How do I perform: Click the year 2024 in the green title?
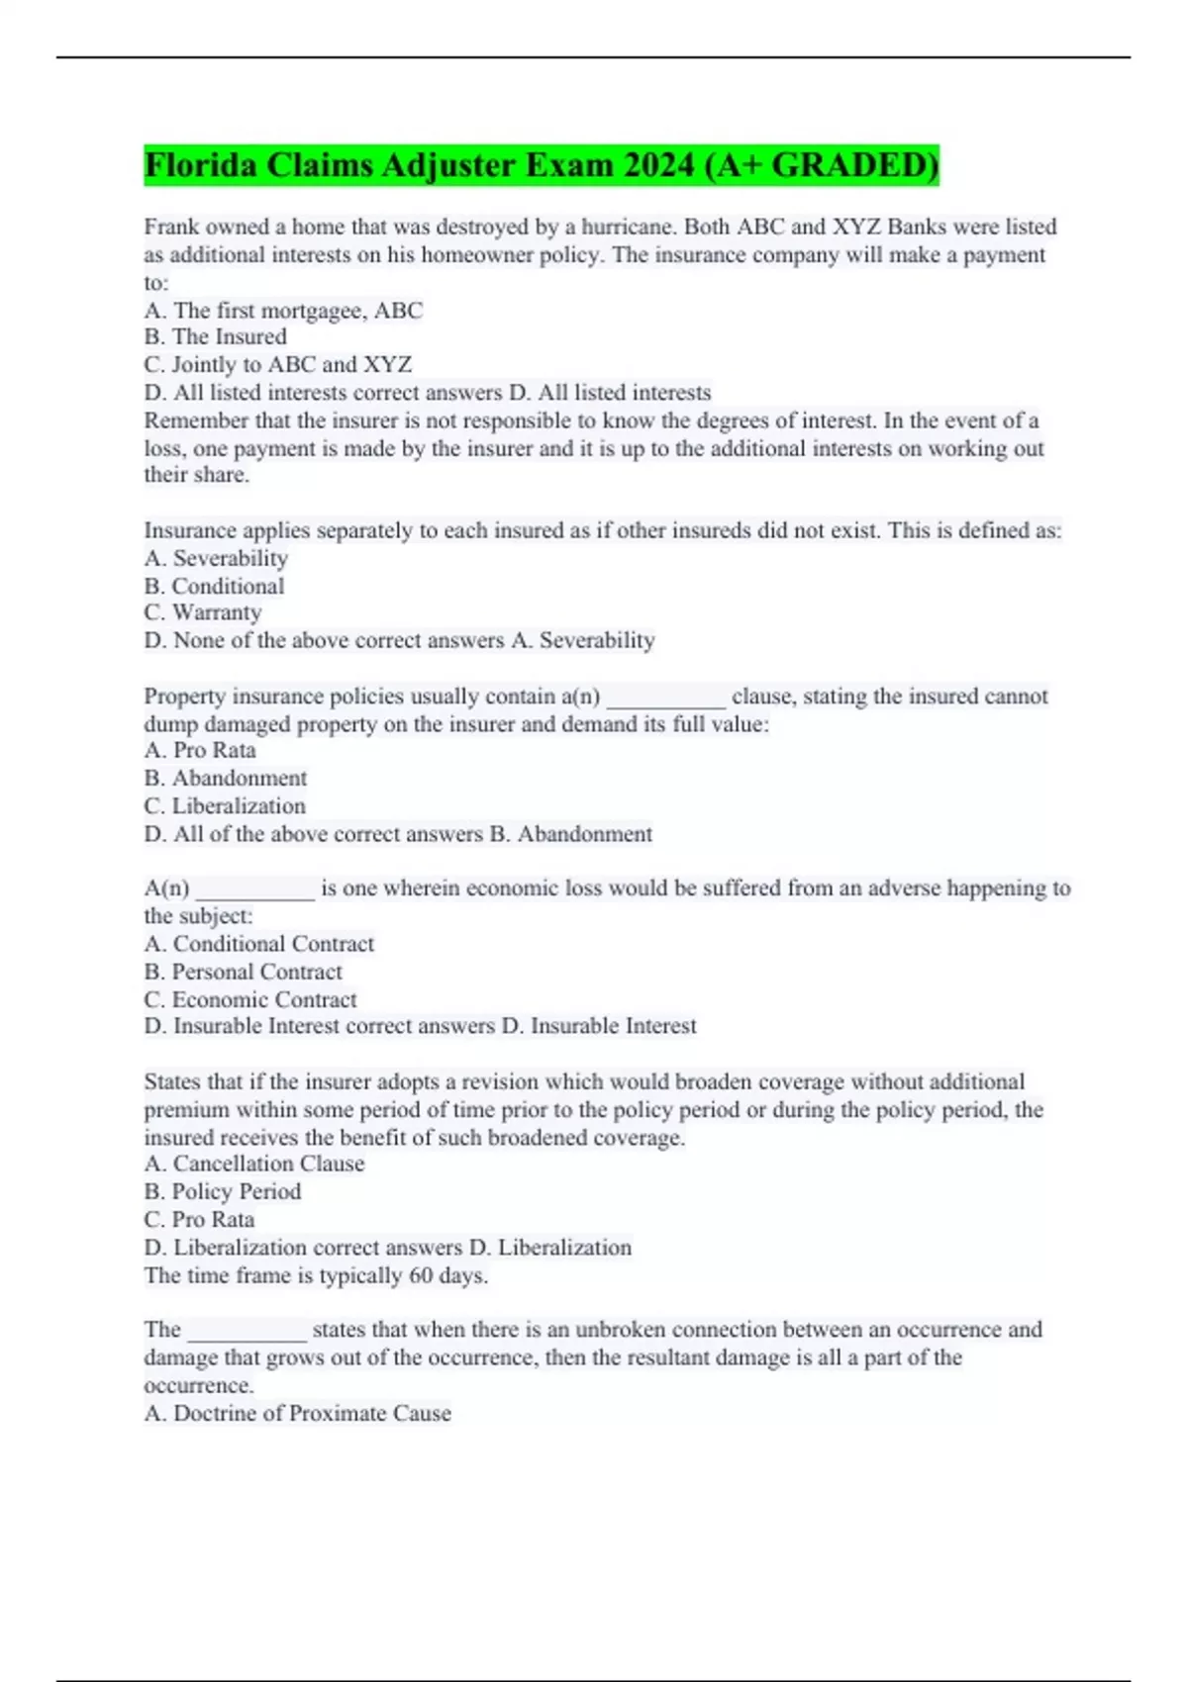(658, 165)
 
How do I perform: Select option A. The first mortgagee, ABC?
(283, 311)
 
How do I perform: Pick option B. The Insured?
(215, 337)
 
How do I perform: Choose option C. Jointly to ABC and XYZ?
(277, 365)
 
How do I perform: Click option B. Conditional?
(214, 586)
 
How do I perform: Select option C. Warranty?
(202, 613)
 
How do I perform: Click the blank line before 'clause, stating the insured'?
(665, 699)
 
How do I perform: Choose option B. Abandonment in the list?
(225, 779)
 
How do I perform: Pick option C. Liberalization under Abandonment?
(225, 806)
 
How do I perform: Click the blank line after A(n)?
(254, 890)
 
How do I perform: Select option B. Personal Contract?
(243, 973)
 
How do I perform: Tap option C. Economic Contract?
(249, 1000)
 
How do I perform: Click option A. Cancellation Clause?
(253, 1165)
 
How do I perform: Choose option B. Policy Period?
(222, 1192)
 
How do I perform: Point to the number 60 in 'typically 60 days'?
(421, 1275)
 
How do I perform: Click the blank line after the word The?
(247, 1332)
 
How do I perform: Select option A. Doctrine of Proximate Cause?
(297, 1414)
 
